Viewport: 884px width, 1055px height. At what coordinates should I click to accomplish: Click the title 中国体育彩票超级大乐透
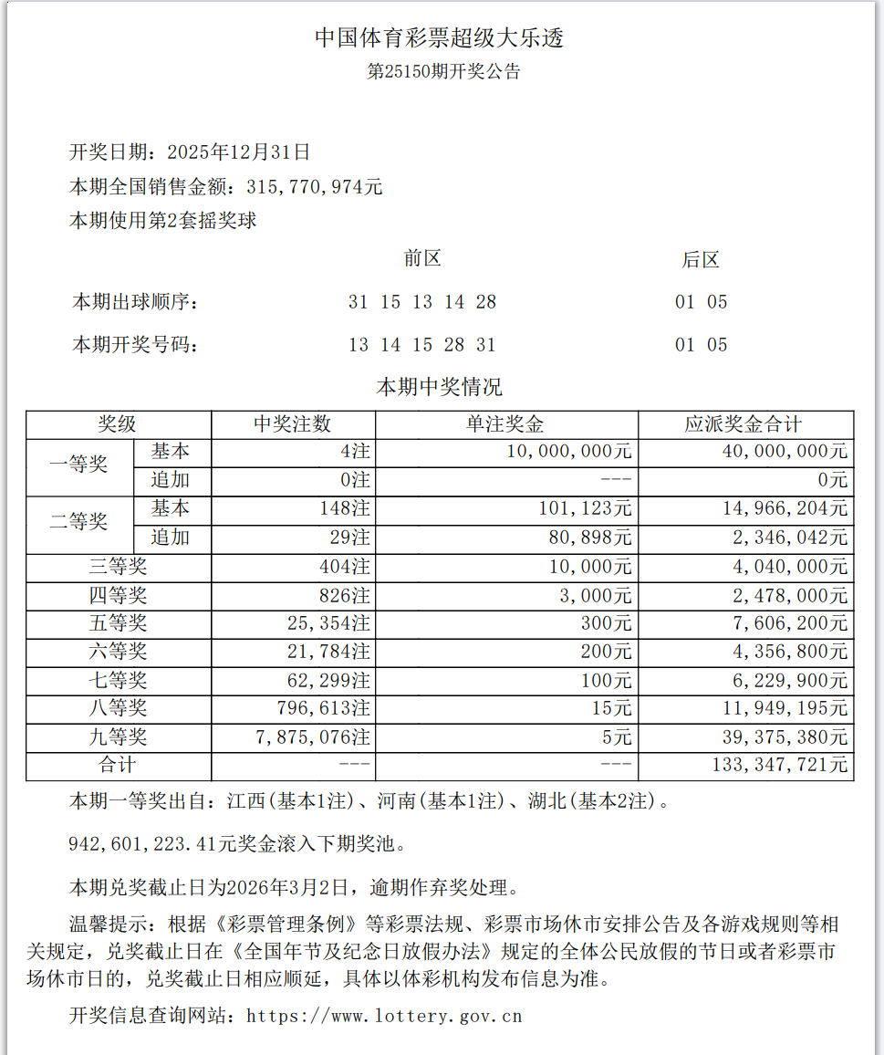(441, 37)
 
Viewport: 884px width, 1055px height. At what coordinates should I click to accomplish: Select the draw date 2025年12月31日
(239, 151)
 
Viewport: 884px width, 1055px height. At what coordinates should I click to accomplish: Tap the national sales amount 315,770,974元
(316, 187)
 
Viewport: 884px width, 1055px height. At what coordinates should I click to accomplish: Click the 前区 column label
(422, 259)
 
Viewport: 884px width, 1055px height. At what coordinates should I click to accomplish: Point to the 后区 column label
(701, 260)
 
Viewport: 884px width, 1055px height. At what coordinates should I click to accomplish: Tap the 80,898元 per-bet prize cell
(590, 538)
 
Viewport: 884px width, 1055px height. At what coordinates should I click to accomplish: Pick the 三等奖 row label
(118, 567)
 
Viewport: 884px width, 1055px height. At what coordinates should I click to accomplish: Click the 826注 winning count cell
(345, 596)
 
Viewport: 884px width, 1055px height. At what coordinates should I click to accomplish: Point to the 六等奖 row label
(118, 652)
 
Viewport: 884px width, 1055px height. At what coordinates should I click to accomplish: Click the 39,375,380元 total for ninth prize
(782, 737)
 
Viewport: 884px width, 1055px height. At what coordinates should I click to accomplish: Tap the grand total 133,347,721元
(779, 765)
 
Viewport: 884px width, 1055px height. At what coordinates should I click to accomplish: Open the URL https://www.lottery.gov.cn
(384, 1016)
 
